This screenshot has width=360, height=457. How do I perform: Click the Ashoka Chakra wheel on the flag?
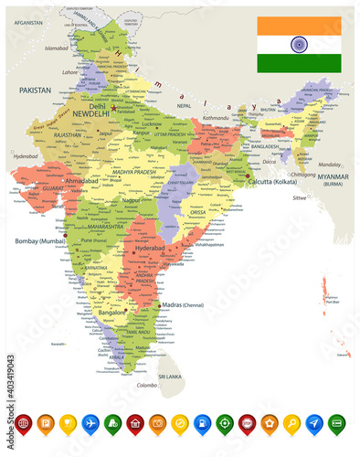[x=299, y=44]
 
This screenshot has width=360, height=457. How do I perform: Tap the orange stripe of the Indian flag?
[x=299, y=26]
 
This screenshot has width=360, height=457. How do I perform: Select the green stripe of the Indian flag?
[x=299, y=62]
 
